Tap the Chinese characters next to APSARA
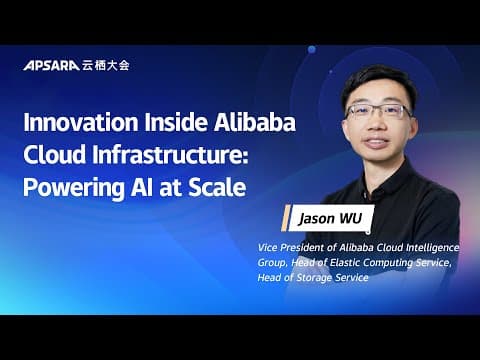(x=104, y=65)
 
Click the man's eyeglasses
(x=377, y=111)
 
